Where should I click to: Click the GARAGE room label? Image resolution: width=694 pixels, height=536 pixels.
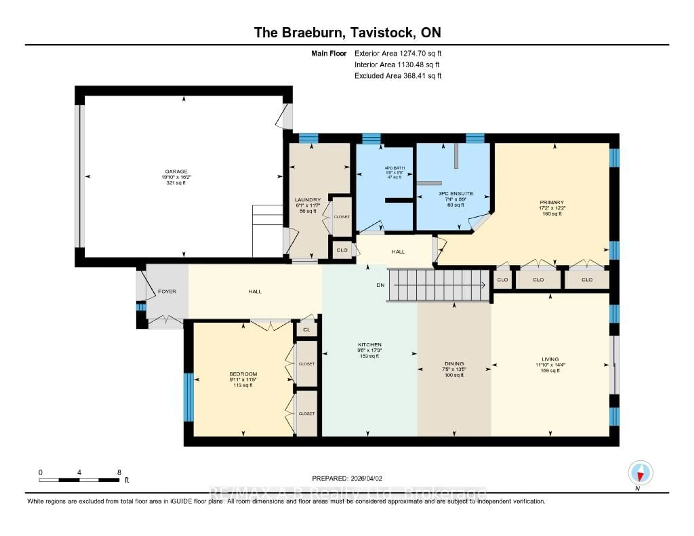pyautogui.click(x=176, y=171)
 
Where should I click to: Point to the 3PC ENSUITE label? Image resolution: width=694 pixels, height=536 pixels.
pyautogui.click(x=456, y=193)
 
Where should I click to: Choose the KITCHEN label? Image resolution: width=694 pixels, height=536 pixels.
pyautogui.click(x=370, y=344)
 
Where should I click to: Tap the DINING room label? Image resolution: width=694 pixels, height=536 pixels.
pyautogui.click(x=454, y=363)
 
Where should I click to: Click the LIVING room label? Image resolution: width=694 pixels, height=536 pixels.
pyautogui.click(x=550, y=359)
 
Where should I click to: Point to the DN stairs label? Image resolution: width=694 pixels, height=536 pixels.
pyautogui.click(x=380, y=285)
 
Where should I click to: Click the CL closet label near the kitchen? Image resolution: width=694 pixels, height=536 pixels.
pyautogui.click(x=306, y=329)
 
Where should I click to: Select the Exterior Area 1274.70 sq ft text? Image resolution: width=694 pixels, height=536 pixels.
pyautogui.click(x=398, y=53)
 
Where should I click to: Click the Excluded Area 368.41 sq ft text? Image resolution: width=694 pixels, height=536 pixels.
pyautogui.click(x=398, y=76)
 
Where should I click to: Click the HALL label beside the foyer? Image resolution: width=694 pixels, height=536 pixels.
pyautogui.click(x=255, y=291)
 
